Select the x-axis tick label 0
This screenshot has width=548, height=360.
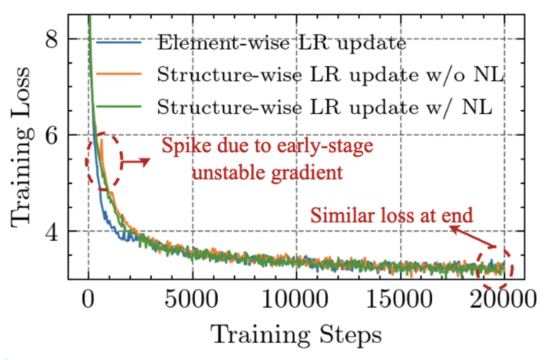89,302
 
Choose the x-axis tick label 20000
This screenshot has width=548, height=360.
504,302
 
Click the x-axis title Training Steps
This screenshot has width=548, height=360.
296,335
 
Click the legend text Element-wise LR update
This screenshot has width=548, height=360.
282,43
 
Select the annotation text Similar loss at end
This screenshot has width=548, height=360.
392,216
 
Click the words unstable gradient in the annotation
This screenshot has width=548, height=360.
267,173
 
